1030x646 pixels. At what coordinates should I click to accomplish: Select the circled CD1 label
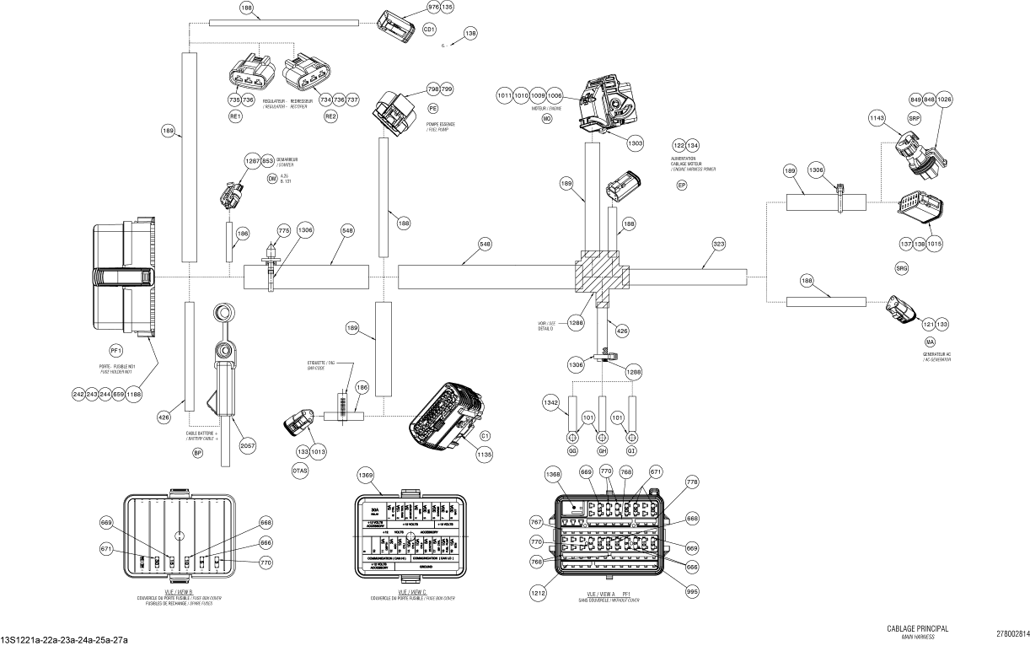point(429,29)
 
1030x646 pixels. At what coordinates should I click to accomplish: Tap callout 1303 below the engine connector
point(635,144)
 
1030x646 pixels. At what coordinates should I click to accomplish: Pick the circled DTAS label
point(300,470)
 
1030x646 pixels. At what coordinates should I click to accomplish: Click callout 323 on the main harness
point(718,244)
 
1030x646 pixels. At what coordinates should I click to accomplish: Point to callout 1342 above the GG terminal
point(551,402)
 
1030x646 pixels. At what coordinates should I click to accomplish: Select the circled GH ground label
point(603,452)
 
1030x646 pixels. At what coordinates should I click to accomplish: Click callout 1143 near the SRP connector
point(877,120)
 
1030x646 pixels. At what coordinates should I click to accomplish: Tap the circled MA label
point(931,342)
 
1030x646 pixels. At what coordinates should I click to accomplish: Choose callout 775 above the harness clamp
point(283,229)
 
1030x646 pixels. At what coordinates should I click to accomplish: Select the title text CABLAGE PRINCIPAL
point(918,628)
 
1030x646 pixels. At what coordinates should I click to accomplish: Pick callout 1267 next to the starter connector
point(253,160)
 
